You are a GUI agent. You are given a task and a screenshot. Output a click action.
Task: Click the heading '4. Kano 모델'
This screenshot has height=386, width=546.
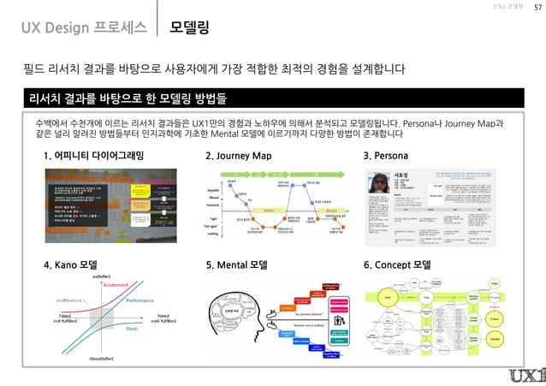tap(72, 264)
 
